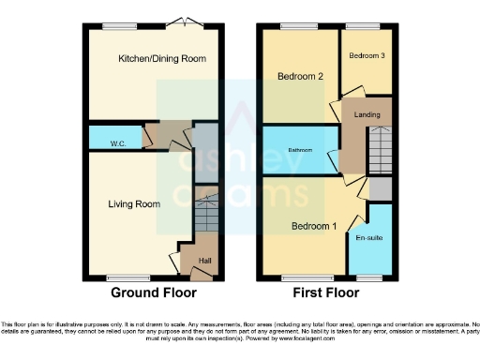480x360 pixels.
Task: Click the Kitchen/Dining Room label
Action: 161,59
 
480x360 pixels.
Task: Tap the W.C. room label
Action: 118,143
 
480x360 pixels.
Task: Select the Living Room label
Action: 133,203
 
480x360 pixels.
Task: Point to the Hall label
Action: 204,260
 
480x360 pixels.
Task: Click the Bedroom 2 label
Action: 300,77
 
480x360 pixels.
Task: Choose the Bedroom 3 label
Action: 367,56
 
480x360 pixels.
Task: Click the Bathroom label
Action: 300,150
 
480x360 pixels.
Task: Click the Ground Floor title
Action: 154,292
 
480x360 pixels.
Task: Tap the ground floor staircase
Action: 206,218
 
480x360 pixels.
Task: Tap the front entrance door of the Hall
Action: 199,274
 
